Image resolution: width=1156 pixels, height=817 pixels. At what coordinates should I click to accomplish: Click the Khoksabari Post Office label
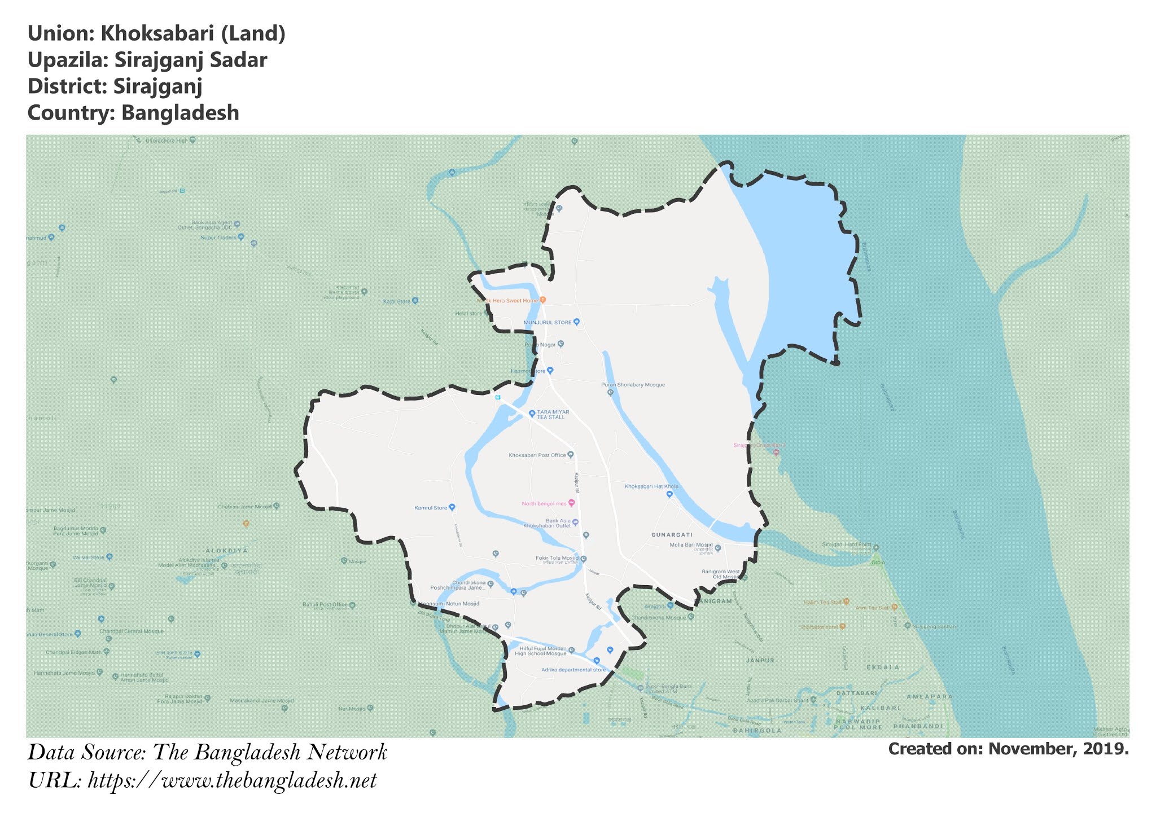click(x=537, y=455)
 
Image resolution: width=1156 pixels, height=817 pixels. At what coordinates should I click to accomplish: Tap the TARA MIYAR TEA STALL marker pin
click(x=532, y=414)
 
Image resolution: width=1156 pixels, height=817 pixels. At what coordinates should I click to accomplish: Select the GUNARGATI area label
click(x=672, y=534)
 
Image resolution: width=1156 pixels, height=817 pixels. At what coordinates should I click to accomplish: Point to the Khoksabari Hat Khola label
click(x=651, y=486)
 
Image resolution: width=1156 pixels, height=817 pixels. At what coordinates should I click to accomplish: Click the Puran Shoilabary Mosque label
click(x=633, y=385)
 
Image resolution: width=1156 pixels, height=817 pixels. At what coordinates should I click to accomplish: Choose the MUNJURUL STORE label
click(x=548, y=322)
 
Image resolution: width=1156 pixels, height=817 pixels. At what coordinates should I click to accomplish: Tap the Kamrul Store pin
click(x=452, y=507)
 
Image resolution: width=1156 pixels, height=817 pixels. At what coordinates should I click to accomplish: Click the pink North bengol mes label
click(x=544, y=503)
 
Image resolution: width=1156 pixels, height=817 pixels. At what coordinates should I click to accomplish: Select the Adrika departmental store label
click(x=573, y=670)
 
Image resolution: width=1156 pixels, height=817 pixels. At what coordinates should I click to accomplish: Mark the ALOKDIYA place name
click(x=226, y=550)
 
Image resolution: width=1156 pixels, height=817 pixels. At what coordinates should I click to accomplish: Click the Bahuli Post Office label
click(x=325, y=604)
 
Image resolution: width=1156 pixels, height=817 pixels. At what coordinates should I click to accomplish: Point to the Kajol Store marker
click(x=415, y=301)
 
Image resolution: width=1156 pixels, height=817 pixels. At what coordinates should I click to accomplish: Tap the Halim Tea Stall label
click(x=822, y=603)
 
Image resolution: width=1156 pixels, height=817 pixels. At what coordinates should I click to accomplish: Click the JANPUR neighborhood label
click(x=760, y=660)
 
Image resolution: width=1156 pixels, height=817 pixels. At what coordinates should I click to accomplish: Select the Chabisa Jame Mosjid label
click(x=245, y=507)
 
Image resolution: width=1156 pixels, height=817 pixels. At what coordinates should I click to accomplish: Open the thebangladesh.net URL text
click(x=232, y=781)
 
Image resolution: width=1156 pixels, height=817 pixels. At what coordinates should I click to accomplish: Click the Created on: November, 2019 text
click(x=1008, y=749)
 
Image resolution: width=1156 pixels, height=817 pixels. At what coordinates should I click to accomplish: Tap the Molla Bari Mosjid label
click(x=691, y=545)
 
